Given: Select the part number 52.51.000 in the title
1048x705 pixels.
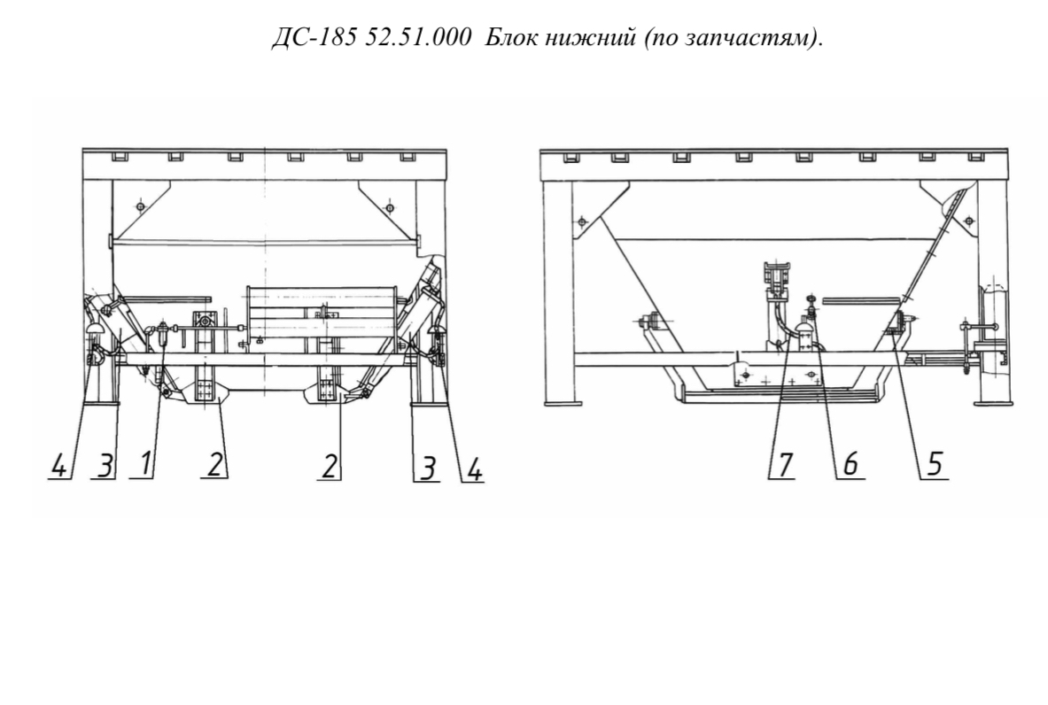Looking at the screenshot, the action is [418, 39].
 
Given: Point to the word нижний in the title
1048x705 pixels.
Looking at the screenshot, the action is [589, 39].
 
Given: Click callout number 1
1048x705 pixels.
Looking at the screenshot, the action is [145, 465].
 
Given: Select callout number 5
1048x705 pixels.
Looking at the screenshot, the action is [935, 464].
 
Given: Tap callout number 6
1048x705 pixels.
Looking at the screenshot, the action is [850, 464].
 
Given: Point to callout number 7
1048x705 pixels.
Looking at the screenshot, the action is [785, 464].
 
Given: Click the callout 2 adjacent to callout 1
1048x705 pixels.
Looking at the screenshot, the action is [213, 465].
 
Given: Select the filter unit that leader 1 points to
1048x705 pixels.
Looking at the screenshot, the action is [163, 333].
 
